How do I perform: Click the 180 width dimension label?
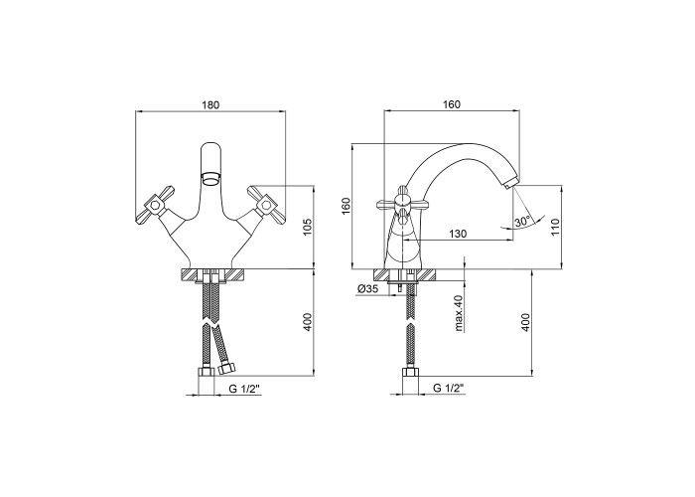pos(210,105)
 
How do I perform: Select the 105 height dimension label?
pos(310,228)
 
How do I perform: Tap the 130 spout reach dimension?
pos(458,234)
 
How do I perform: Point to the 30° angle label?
pos(523,221)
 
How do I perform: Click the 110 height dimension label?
pos(557,228)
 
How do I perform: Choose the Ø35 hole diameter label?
pos(366,289)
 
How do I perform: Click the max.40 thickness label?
pos(458,314)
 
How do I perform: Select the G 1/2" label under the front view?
pos(244,389)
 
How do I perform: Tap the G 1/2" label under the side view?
pos(448,388)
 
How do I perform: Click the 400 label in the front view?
pos(309,322)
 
